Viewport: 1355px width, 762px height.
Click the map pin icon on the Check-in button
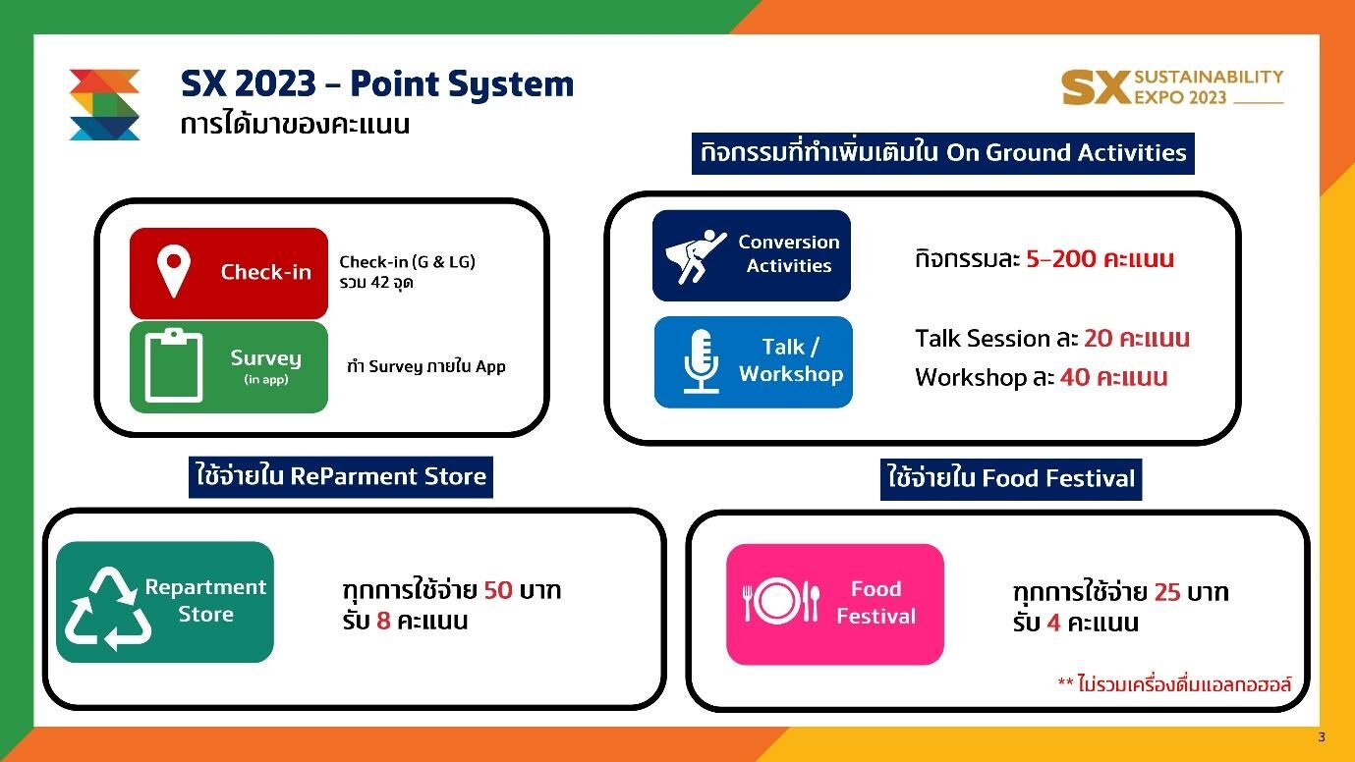click(x=174, y=271)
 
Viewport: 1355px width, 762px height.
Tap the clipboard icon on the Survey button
click(x=174, y=365)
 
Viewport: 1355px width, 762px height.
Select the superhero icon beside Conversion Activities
click(x=695, y=256)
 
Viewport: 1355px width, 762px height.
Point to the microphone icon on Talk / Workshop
click(x=702, y=361)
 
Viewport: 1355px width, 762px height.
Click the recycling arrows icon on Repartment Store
click(x=108, y=608)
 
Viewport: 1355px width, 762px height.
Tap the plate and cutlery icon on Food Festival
click(x=781, y=601)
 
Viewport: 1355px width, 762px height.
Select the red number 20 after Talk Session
click(x=1098, y=339)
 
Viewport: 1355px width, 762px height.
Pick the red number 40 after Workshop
click(x=1075, y=377)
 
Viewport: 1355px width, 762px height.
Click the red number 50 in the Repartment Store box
click(x=498, y=590)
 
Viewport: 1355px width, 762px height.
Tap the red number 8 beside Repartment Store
click(x=383, y=621)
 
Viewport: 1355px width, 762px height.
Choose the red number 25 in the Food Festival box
click(x=1167, y=592)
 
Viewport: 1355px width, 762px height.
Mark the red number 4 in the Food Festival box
click(x=1053, y=623)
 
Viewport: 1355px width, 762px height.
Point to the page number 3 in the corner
click(x=1322, y=736)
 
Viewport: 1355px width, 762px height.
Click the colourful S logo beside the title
click(x=105, y=104)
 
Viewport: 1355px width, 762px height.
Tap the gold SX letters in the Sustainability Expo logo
click(x=1097, y=87)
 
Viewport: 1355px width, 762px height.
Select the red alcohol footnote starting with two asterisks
click(x=1175, y=684)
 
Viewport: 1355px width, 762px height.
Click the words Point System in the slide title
click(x=462, y=84)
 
